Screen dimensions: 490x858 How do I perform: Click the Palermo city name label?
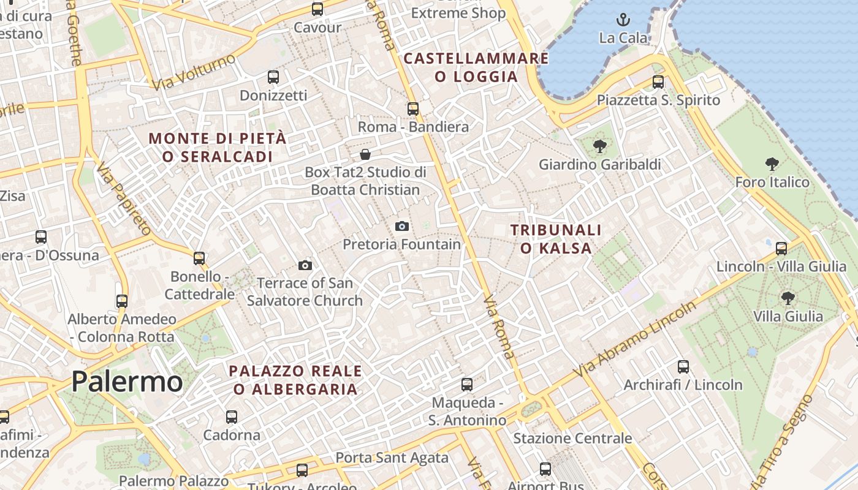[x=127, y=382]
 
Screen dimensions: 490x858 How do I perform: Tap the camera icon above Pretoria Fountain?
[x=402, y=226]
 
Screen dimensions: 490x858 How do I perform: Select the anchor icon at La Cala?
[x=623, y=20]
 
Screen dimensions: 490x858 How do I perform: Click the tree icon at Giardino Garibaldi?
[x=600, y=146]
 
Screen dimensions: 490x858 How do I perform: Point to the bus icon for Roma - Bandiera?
[x=413, y=109]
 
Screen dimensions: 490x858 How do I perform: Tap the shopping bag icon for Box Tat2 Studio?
[x=365, y=154]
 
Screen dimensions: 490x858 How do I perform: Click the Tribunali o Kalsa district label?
[x=556, y=239]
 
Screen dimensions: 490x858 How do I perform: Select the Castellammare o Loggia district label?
[x=476, y=67]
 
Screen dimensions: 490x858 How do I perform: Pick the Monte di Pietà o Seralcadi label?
[x=218, y=148]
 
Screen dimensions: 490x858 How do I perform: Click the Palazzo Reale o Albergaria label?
[x=295, y=380]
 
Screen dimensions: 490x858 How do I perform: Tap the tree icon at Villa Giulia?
[x=788, y=298]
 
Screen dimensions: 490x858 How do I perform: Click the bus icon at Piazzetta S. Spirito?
[x=658, y=81]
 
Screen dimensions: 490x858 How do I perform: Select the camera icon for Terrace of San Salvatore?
[x=305, y=265]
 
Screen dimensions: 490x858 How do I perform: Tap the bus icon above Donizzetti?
[x=273, y=77]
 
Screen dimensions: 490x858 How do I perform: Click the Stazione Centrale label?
[x=572, y=438]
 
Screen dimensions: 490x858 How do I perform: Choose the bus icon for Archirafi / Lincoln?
[x=683, y=367]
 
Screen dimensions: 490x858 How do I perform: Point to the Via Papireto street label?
[x=124, y=200]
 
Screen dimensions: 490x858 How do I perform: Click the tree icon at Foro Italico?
[x=772, y=164]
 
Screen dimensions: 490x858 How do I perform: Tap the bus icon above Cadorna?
[x=232, y=417]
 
